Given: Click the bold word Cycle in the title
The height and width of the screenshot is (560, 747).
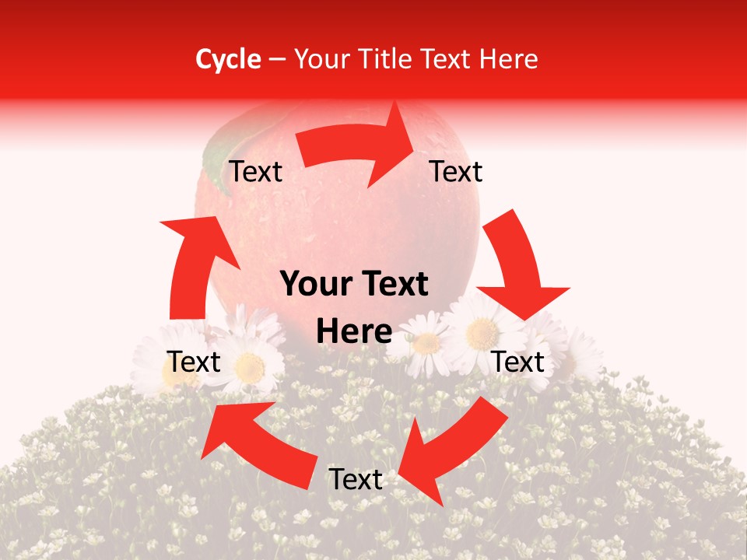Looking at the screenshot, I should [228, 59].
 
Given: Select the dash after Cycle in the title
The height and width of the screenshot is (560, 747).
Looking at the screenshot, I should [276, 60].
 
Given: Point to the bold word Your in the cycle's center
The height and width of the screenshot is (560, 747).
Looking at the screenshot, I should [314, 285].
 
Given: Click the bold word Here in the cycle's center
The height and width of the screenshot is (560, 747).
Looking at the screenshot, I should [354, 332].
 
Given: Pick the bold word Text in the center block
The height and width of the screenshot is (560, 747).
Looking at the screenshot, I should [394, 285].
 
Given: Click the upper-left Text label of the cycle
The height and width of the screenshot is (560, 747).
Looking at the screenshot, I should [256, 172].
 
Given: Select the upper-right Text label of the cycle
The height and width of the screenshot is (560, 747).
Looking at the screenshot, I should [456, 171].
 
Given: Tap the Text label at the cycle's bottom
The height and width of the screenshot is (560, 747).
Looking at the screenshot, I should [356, 480].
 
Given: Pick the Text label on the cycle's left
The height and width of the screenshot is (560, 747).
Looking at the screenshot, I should [195, 362].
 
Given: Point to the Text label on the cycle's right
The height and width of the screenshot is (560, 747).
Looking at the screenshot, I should [518, 362].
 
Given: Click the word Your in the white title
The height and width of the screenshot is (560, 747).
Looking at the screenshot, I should [320, 59].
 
